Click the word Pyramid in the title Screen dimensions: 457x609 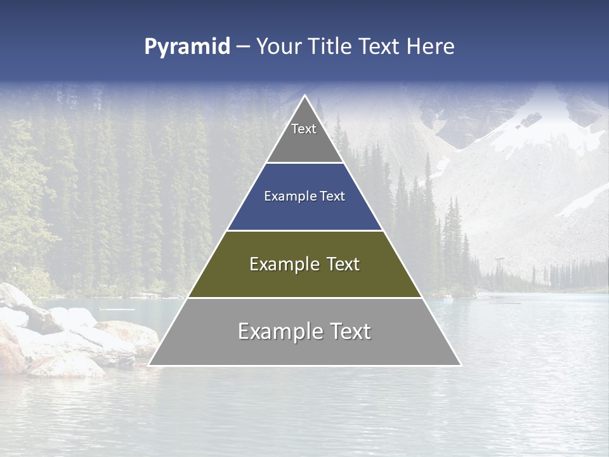click(187, 47)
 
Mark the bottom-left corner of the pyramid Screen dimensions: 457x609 click(150, 364)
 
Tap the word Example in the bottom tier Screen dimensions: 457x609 click(275, 331)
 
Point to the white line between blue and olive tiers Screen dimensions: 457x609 click(304, 230)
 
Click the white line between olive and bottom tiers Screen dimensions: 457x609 click(304, 298)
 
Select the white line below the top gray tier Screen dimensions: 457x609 click(304, 163)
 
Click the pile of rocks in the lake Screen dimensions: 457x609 click(70, 336)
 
